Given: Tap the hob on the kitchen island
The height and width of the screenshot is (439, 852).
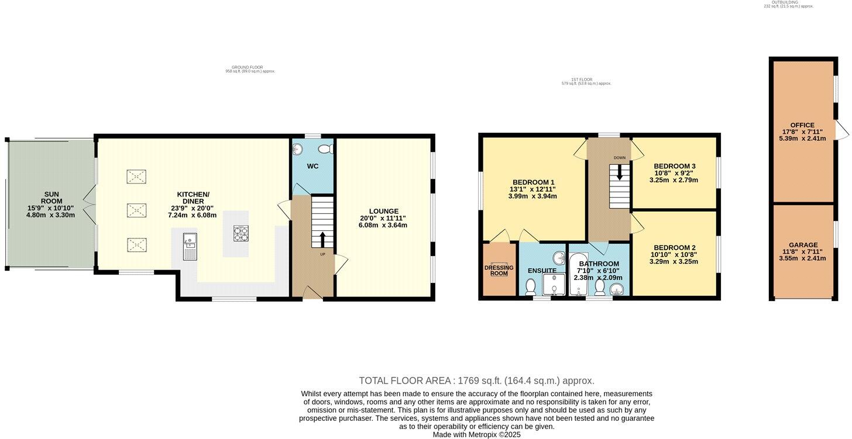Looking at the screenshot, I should click(x=241, y=233).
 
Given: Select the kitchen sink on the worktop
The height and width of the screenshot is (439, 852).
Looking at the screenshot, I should click(x=190, y=241).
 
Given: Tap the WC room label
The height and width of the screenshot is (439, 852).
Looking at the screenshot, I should click(x=313, y=167).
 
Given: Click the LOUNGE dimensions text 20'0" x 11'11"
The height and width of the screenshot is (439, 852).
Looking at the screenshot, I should click(x=383, y=218).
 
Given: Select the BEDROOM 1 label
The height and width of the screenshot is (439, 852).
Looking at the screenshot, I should click(x=533, y=181).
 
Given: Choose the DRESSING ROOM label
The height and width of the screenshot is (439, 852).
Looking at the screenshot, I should click(x=499, y=271).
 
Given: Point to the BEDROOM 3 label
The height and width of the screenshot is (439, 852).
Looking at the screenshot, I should click(x=673, y=165).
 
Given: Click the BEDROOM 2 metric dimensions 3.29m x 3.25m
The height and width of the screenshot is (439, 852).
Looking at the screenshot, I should click(x=674, y=261).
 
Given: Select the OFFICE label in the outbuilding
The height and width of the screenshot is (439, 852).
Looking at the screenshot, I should click(x=802, y=125).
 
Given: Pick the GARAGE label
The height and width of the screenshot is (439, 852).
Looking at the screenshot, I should click(x=803, y=245).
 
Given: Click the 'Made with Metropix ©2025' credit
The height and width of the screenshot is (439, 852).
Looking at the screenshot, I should click(x=476, y=434).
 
